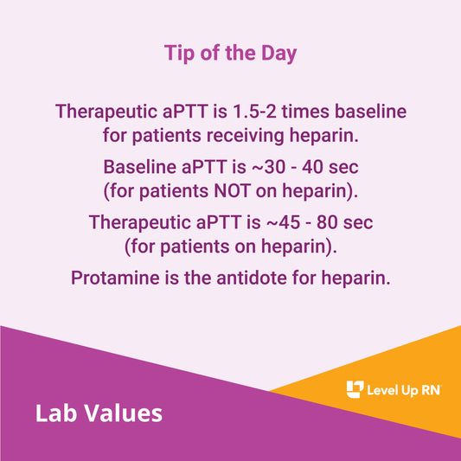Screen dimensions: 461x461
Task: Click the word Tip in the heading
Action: click(x=178, y=54)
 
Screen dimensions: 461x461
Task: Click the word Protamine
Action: click(x=112, y=279)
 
